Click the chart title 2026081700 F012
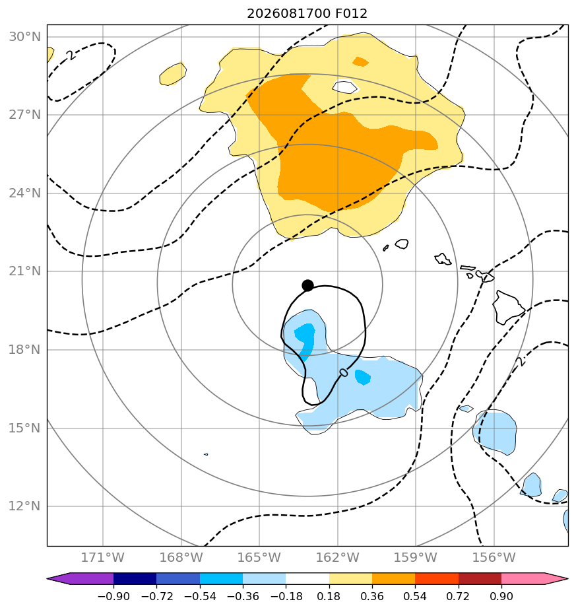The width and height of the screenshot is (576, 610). click(x=307, y=14)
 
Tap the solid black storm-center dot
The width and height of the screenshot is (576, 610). click(x=307, y=286)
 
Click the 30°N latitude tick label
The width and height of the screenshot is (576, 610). click(x=25, y=36)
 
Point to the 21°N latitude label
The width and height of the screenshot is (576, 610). click(x=25, y=271)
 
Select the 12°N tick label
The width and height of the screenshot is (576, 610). click(x=25, y=506)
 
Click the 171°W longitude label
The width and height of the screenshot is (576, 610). click(x=103, y=557)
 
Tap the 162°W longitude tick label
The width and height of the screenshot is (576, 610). click(x=338, y=557)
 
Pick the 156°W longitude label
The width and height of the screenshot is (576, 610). click(x=494, y=557)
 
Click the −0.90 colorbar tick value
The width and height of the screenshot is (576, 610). click(x=113, y=596)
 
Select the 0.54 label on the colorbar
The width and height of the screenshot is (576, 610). click(x=416, y=596)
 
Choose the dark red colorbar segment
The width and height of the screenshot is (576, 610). click(x=480, y=578)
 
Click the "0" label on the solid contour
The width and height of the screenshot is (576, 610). click(x=344, y=373)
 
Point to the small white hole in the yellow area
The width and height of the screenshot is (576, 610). click(x=344, y=86)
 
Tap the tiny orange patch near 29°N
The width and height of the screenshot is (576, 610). click(x=360, y=61)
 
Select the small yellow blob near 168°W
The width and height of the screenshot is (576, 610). click(x=173, y=74)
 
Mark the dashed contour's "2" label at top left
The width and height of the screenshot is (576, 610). click(x=71, y=55)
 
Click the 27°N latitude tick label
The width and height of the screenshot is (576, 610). click(x=25, y=115)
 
